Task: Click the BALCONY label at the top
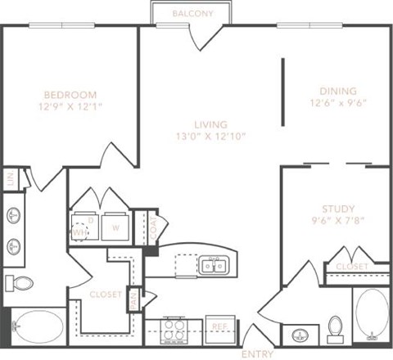click(x=193, y=14)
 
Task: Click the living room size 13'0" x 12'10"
click(x=210, y=135)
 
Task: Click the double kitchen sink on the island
click(x=214, y=265)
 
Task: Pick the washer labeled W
click(x=115, y=228)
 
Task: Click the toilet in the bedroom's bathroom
click(x=21, y=283)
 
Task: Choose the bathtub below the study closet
click(x=373, y=314)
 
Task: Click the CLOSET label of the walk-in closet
click(x=106, y=294)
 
